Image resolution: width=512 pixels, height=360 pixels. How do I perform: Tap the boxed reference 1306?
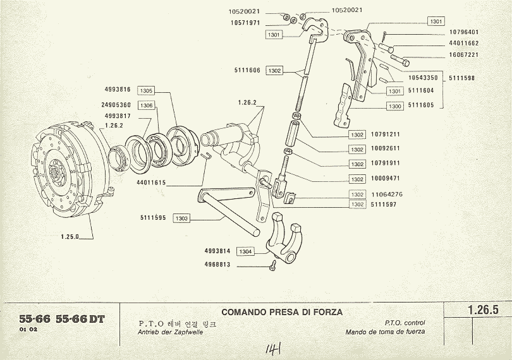[146, 105]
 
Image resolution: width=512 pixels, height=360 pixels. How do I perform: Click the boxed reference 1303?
[181, 218]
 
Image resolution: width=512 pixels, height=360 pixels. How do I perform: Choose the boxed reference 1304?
[246, 251]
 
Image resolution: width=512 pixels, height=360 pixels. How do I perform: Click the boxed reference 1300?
[395, 106]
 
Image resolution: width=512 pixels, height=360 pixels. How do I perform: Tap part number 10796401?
[464, 32]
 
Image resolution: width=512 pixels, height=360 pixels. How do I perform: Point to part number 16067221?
[464, 54]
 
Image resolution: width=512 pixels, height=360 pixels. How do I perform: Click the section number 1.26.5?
[484, 310]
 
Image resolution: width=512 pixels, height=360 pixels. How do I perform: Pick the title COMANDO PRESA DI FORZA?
[282, 312]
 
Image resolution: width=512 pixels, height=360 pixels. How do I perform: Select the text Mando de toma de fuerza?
[385, 332]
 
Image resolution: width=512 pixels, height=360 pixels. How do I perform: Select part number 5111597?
[383, 205]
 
